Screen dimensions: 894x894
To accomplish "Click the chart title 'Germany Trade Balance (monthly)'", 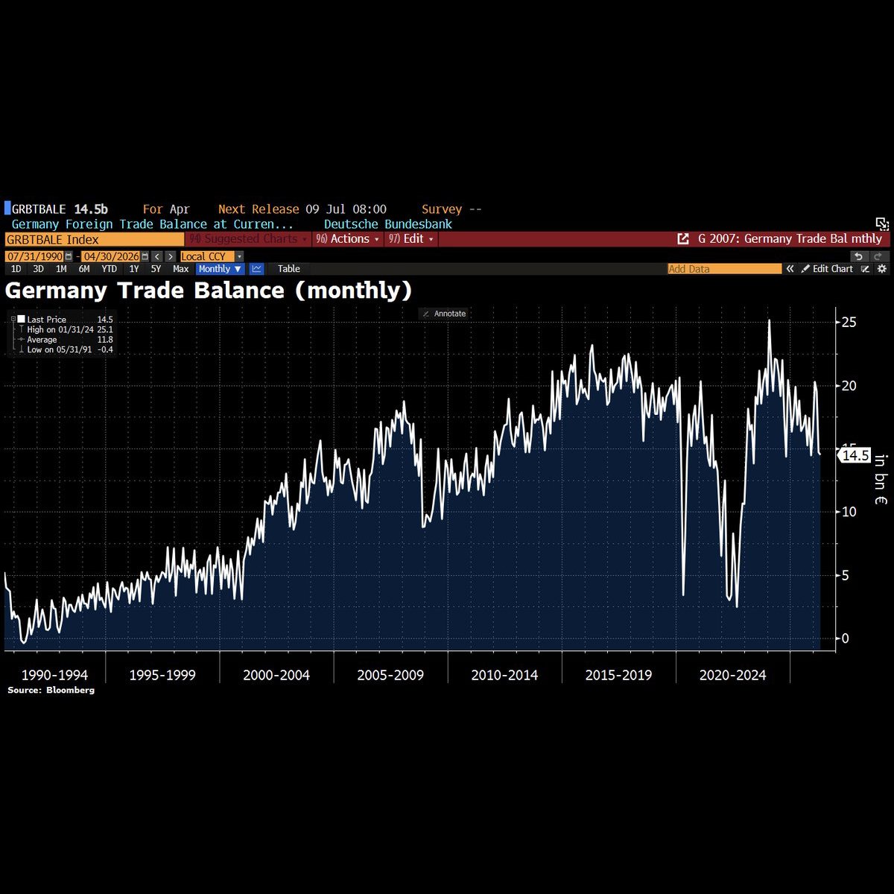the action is tap(209, 291).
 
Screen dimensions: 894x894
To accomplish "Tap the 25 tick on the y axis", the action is tap(849, 323).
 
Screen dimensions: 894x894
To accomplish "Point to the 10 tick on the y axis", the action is tap(849, 512).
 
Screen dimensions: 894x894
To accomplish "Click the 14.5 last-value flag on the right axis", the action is tap(855, 456).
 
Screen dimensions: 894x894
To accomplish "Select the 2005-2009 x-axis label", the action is tap(390, 675).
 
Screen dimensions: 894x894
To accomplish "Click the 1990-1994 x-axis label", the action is tap(54, 675).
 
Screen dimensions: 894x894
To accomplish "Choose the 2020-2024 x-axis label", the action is tap(732, 675).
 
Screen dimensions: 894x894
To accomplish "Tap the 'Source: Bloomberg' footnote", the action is tap(51, 691).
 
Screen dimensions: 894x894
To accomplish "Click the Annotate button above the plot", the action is tap(445, 314).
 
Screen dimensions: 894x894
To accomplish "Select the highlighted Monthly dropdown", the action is tap(220, 269).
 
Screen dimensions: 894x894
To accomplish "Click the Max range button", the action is tap(180, 269).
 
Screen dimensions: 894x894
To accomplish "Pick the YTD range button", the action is tap(109, 269).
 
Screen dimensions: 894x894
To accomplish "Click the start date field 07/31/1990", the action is tap(35, 256).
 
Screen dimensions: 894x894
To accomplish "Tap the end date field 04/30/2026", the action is tap(111, 256).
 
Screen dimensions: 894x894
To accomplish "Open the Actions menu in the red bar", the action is tap(347, 239).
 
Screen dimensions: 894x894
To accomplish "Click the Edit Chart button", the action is tap(827, 269).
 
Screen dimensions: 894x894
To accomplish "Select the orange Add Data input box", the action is tap(725, 269).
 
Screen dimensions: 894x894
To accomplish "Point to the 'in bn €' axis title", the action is tap(881, 479).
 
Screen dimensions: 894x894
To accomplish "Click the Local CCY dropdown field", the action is tap(212, 256).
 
